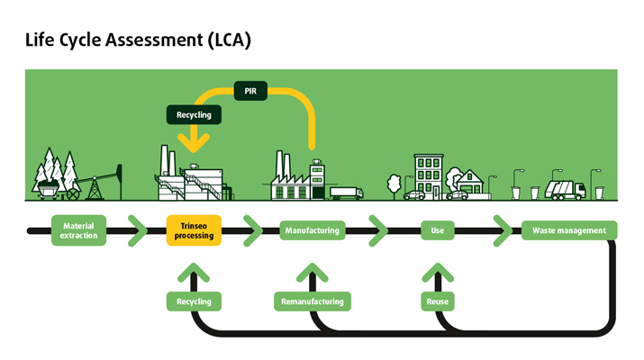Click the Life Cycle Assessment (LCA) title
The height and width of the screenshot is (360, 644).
(x=138, y=40)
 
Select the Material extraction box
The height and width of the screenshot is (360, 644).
(x=78, y=230)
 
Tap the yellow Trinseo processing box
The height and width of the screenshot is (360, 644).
(x=194, y=230)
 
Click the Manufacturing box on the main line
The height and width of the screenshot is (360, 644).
(x=312, y=230)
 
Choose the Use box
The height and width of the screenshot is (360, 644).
(x=437, y=230)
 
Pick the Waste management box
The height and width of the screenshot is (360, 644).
(x=569, y=230)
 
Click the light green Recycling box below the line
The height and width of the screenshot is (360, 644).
(x=194, y=301)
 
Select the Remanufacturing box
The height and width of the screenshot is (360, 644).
(x=312, y=301)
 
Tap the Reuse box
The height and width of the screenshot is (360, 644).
(x=437, y=301)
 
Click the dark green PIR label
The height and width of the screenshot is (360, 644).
(x=249, y=91)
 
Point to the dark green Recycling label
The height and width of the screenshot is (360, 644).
(x=194, y=115)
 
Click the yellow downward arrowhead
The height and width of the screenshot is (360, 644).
(x=194, y=141)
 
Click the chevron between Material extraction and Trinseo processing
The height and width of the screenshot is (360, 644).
(x=138, y=230)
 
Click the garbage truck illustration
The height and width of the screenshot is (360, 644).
(x=566, y=189)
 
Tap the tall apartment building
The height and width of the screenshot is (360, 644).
(x=428, y=175)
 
